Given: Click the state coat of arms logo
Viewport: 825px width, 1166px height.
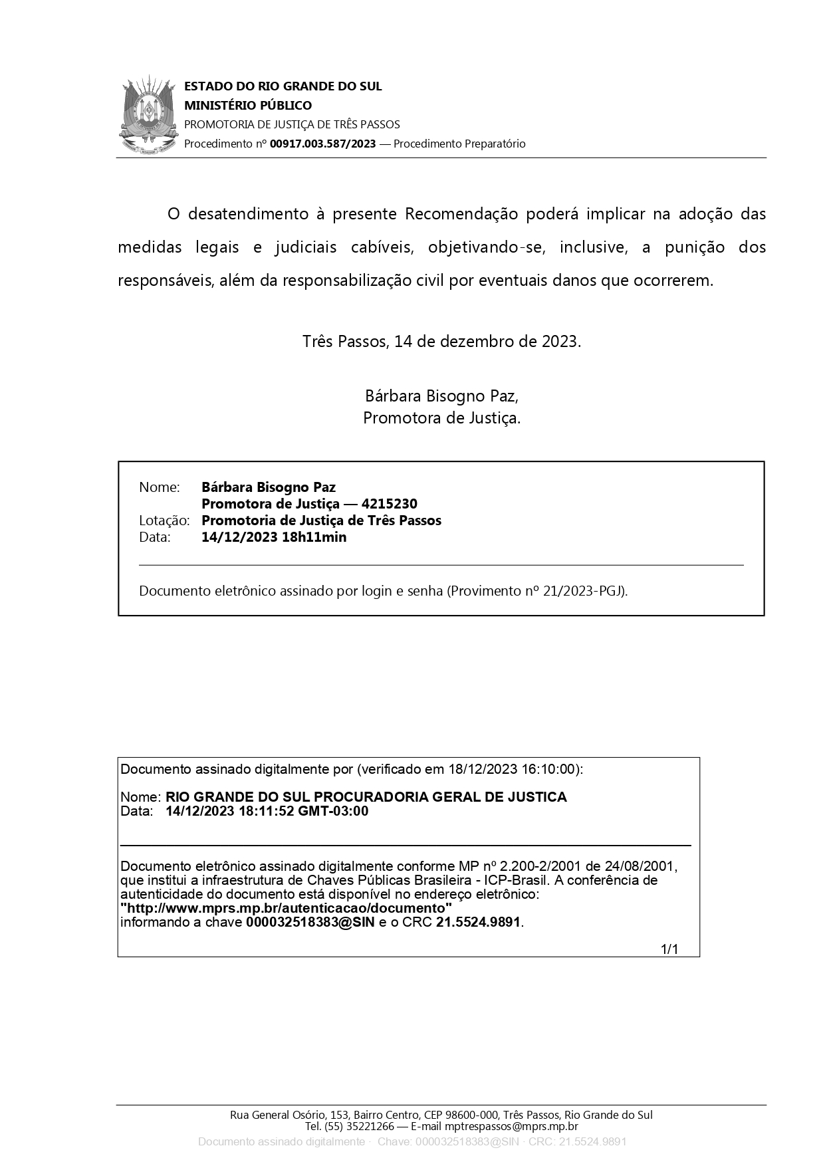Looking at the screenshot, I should tap(149, 116).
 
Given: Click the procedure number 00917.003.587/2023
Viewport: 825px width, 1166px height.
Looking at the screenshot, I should tap(322, 144).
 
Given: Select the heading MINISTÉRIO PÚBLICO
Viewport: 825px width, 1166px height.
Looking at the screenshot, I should tap(247, 105).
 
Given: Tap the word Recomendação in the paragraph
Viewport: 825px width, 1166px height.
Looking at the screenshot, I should tap(461, 214).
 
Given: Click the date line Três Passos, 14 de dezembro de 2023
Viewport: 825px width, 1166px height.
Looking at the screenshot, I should tap(441, 342).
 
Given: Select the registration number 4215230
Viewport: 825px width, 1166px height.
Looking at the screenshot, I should tap(390, 504).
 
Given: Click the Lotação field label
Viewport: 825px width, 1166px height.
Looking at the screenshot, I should tap(164, 521).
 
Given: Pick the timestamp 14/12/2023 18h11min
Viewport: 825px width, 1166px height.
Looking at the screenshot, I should tap(274, 537).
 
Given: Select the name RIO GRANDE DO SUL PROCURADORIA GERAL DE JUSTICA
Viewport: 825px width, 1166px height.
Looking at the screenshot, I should tap(366, 797).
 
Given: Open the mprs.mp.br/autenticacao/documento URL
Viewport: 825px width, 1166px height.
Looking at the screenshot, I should tap(287, 908).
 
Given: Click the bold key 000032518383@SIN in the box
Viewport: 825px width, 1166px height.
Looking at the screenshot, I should tap(310, 922).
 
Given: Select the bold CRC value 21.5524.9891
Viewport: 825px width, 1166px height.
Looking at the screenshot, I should tap(479, 922).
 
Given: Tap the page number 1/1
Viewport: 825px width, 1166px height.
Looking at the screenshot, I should tap(669, 949).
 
